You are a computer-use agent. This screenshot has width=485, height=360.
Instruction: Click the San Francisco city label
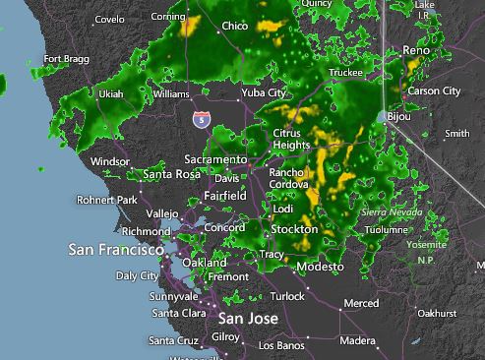tap(116, 250)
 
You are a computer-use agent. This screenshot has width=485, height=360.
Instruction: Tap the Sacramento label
tap(215, 159)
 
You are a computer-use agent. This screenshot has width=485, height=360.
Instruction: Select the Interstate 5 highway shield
tap(201, 119)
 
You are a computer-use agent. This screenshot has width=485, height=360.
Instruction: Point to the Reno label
tap(416, 50)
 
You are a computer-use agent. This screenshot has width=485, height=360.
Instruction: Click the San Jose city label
tap(248, 319)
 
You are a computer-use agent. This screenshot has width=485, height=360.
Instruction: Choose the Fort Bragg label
tap(66, 59)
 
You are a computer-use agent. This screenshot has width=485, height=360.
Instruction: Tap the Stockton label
tap(294, 229)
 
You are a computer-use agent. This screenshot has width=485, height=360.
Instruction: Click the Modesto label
tap(320, 268)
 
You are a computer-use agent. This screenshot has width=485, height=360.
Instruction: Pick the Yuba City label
tap(264, 93)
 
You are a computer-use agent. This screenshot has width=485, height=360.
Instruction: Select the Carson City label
tap(434, 91)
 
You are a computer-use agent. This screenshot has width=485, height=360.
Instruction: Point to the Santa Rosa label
tap(171, 174)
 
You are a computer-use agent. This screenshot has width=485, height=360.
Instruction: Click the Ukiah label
tap(111, 94)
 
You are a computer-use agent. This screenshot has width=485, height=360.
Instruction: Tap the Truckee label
tap(345, 73)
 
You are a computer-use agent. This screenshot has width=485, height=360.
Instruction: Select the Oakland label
tap(205, 263)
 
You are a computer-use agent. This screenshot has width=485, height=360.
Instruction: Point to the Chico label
tap(235, 27)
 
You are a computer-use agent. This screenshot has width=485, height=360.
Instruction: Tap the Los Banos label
tap(280, 346)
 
